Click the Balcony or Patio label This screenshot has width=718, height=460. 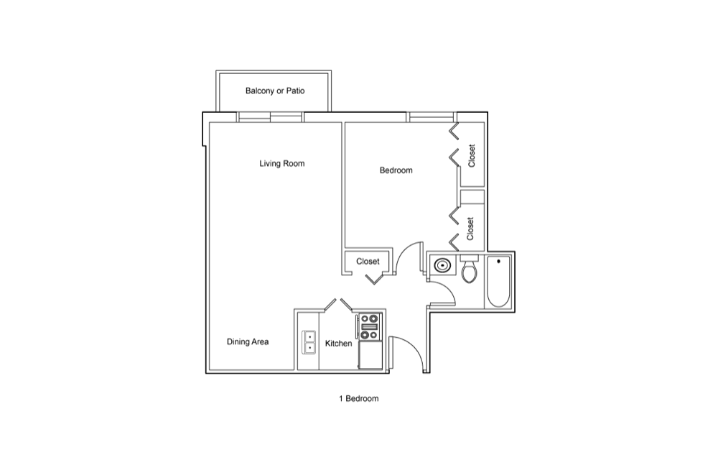tap(275, 91)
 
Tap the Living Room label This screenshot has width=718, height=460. tap(282, 164)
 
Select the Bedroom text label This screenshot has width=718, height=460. tap(396, 170)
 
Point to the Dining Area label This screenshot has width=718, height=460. tap(248, 342)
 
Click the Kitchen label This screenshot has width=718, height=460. tap(338, 343)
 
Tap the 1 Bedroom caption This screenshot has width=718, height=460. tap(358, 399)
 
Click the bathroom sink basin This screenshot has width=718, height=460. tap(442, 265)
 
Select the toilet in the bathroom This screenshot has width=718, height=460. tap(470, 269)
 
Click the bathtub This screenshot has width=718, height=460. tap(498, 282)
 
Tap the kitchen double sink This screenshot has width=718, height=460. tap(309, 342)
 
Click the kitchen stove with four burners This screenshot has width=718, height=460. tap(370, 327)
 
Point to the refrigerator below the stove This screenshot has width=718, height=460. tap(370, 356)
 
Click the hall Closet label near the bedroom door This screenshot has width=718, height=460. tap(368, 261)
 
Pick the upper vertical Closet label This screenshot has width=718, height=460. tap(472, 156)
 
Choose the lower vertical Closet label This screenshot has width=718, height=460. tap(470, 228)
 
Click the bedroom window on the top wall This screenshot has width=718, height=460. tap(431, 117)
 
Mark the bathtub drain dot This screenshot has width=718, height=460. tap(498, 261)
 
